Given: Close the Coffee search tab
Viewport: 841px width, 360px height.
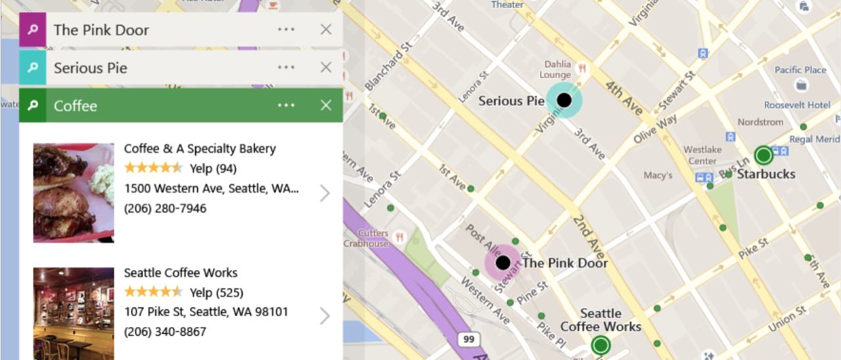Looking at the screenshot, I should (326, 106).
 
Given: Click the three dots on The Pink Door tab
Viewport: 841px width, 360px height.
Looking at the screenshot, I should (286, 30).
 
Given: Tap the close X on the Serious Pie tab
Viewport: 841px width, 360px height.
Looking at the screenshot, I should (326, 68).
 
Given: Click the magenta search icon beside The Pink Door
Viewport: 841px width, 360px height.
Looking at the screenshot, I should (32, 30).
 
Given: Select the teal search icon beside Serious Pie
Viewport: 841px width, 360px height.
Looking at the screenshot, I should (32, 68).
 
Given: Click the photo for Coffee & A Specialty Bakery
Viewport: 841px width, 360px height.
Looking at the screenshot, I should (74, 193).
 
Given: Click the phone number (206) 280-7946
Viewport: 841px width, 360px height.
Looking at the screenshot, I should (165, 208).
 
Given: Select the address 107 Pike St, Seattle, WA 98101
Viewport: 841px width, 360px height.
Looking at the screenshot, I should (206, 311).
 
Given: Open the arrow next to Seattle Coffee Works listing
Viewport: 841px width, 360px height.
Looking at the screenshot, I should (325, 317).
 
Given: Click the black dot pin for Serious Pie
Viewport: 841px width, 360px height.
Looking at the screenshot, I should (564, 100).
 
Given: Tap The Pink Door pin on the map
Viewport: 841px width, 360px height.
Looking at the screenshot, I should (503, 263).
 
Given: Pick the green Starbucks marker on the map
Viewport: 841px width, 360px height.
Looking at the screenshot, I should (763, 156).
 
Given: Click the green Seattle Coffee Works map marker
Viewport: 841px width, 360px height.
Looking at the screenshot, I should (601, 344).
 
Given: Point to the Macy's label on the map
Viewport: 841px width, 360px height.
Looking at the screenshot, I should (658, 175).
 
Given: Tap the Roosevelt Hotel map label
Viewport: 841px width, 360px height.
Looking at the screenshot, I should (797, 105).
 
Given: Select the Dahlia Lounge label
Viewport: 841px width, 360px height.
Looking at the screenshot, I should (555, 70).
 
